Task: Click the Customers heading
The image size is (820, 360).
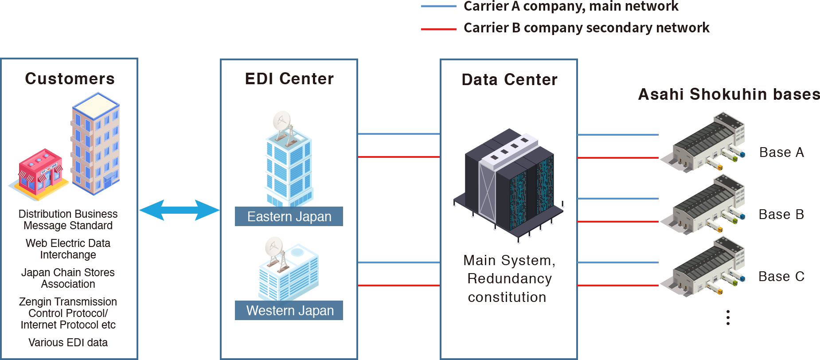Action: point(70,78)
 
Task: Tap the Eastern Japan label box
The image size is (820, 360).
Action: point(289,217)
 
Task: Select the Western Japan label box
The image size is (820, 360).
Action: point(289,310)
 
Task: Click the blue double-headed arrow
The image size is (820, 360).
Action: point(179,210)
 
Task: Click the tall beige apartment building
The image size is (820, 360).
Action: point(96,144)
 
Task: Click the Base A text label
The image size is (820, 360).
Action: point(781,153)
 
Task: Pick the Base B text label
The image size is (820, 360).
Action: point(781,215)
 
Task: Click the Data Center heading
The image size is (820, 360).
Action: point(509,80)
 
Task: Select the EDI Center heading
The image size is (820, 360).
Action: point(289,79)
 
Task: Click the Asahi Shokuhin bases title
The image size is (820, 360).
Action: point(729,94)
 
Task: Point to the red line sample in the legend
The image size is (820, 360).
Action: point(438,29)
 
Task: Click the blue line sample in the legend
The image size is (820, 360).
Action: point(438,6)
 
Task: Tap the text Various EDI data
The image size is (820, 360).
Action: point(68,343)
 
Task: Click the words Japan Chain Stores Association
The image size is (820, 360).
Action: point(68,278)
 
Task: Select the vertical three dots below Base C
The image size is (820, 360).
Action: point(728,317)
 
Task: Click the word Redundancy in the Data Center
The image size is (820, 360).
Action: point(509,278)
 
